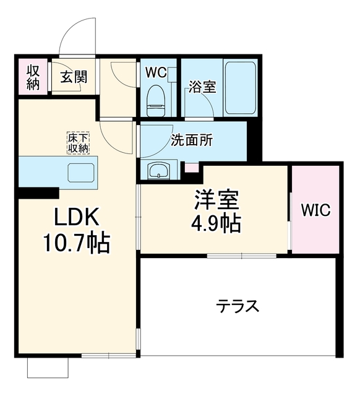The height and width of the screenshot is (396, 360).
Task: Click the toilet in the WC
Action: [x=156, y=100]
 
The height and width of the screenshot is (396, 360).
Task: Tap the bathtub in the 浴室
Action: [x=241, y=88]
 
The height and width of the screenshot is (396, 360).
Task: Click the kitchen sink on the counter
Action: [x=81, y=172]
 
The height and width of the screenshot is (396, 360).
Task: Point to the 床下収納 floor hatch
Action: [x=79, y=143]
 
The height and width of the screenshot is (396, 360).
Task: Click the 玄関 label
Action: [x=74, y=76]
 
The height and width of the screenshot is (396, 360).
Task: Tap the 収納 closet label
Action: [x=33, y=77]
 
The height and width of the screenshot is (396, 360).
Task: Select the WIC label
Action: [x=315, y=210]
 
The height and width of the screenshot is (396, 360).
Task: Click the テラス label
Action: [x=238, y=306]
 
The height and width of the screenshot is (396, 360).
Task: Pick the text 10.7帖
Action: [x=77, y=243]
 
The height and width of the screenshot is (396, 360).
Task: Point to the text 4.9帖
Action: [x=216, y=224]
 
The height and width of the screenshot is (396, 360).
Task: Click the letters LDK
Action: [x=77, y=217]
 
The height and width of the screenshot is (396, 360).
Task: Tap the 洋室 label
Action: [x=216, y=199]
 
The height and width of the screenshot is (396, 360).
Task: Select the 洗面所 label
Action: [x=192, y=140]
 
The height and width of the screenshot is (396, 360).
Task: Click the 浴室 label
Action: [x=203, y=87]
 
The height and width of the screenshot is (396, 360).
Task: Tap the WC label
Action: [x=156, y=73]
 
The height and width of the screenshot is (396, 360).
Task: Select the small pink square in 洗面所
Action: [x=191, y=168]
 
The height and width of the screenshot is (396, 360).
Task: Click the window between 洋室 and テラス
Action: [x=242, y=256]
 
